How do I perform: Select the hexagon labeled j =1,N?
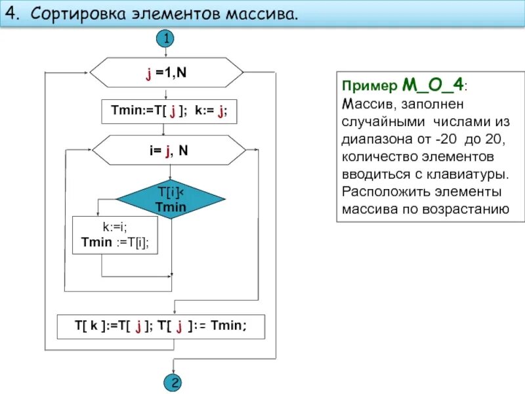click(166, 73)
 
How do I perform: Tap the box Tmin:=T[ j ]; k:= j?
click(169, 112)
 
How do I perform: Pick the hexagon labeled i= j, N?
click(168, 150)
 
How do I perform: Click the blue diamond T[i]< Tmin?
click(171, 199)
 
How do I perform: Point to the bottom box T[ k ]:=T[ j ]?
click(161, 326)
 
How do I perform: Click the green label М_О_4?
click(433, 85)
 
